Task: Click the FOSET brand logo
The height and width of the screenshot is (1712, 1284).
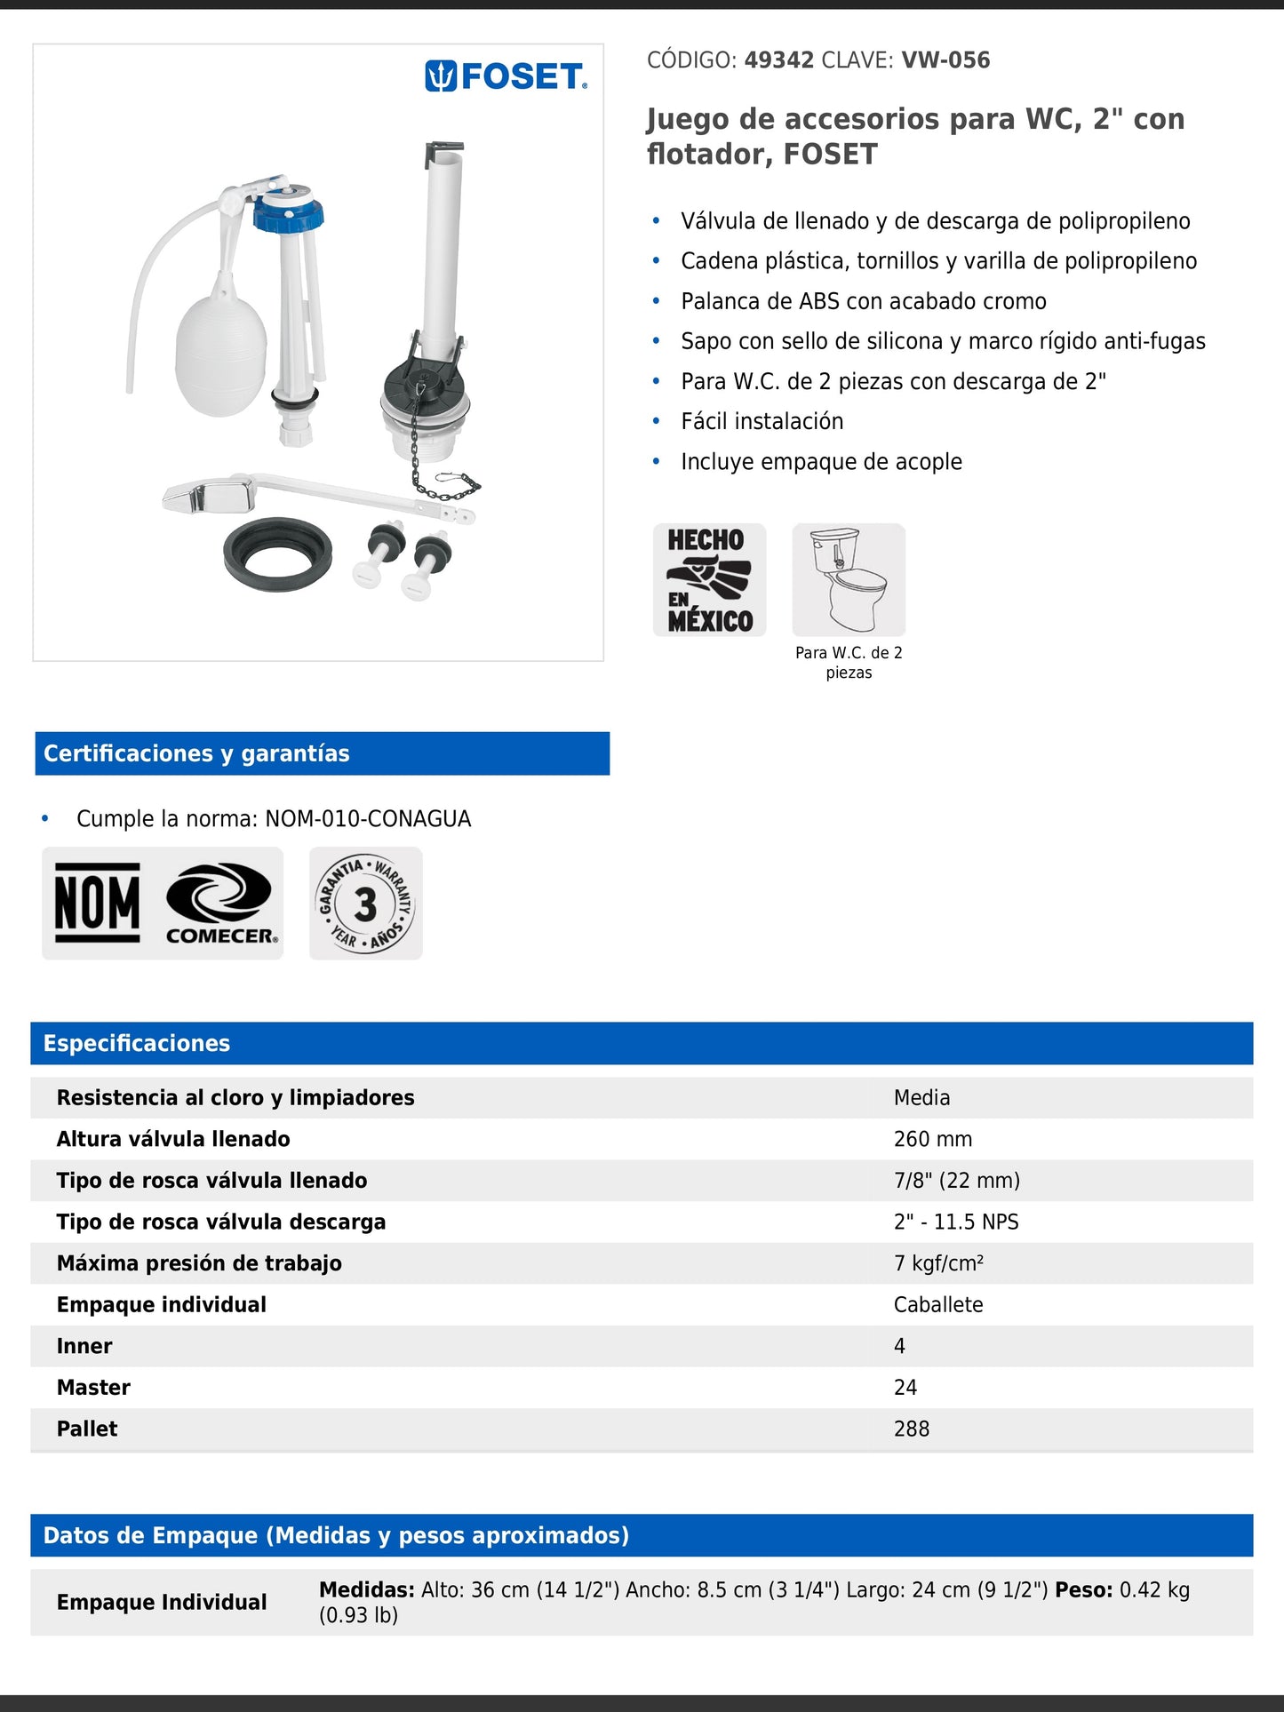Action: tap(506, 77)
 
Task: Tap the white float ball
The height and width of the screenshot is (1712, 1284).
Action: tap(220, 354)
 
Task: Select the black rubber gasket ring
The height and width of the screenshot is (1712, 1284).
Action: tap(277, 554)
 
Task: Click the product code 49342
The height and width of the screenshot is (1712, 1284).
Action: tap(778, 60)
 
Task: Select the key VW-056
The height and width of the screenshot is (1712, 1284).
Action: tap(945, 60)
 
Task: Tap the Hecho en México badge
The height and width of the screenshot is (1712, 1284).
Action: tap(709, 579)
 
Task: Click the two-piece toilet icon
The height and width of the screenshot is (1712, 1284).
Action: tap(849, 579)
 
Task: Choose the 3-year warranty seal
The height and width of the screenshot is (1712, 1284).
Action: tap(366, 904)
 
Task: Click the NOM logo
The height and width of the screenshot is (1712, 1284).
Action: tap(98, 904)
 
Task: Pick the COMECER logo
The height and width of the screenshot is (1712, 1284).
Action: tap(220, 904)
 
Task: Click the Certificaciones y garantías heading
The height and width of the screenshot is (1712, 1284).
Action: tap(196, 753)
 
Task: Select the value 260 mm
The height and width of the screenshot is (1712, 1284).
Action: tap(933, 1139)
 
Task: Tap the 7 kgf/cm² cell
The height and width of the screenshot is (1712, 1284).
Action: tap(938, 1263)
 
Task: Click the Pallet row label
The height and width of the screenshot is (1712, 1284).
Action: tap(87, 1429)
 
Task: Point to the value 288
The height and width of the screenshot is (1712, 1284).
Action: tap(912, 1429)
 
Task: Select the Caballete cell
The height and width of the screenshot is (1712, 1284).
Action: tap(938, 1304)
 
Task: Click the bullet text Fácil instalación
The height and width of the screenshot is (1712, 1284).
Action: tap(762, 421)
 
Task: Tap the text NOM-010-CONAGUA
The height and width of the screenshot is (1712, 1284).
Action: tap(368, 818)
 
